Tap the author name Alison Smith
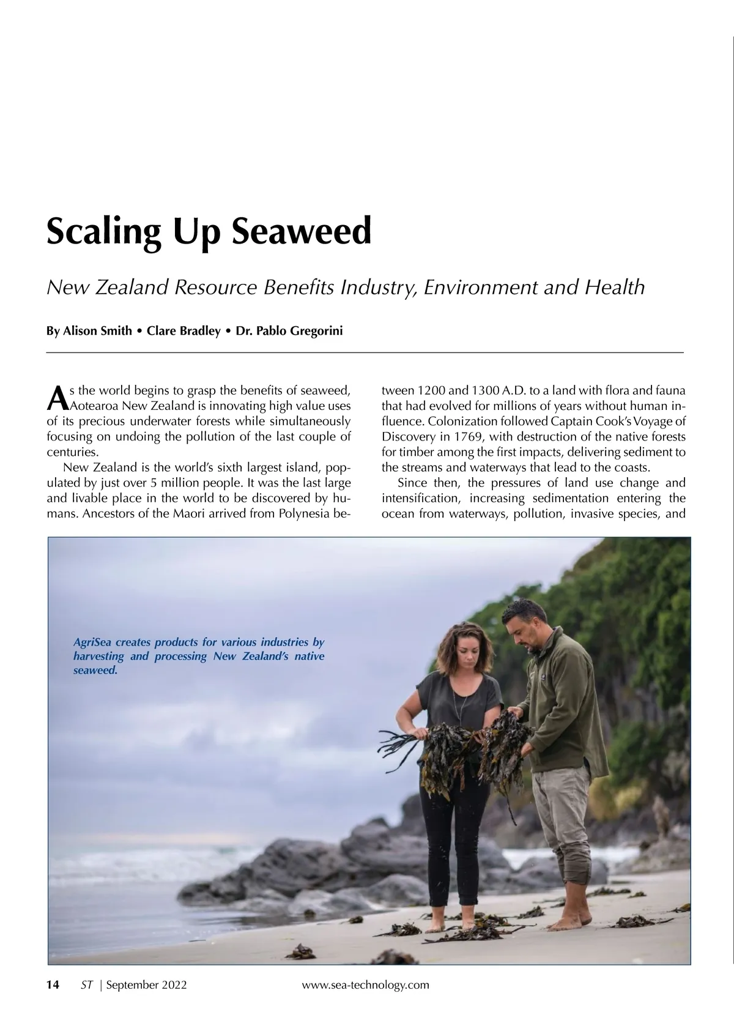[97, 331]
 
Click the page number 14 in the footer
[53, 984]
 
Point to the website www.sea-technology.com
[366, 984]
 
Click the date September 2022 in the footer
[147, 984]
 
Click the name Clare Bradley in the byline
[183, 331]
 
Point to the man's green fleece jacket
[563, 710]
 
